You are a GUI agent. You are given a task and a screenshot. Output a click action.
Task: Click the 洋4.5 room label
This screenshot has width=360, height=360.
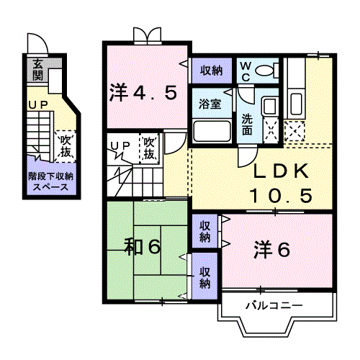(143, 92)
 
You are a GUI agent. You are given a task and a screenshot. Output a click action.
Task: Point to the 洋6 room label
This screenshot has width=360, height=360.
(271, 249)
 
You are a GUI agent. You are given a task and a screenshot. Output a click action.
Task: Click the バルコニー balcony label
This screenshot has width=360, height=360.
(273, 306)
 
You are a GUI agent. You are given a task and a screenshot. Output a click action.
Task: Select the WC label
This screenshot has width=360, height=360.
(245, 70)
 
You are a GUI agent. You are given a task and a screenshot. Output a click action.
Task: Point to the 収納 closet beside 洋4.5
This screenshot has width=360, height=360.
(211, 71)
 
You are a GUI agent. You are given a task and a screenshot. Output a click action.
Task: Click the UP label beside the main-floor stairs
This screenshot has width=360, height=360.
(120, 146)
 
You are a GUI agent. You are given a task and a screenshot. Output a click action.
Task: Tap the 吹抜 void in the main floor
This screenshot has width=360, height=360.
(150, 149)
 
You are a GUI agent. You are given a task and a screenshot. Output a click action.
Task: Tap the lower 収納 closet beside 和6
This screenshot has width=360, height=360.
(205, 277)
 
